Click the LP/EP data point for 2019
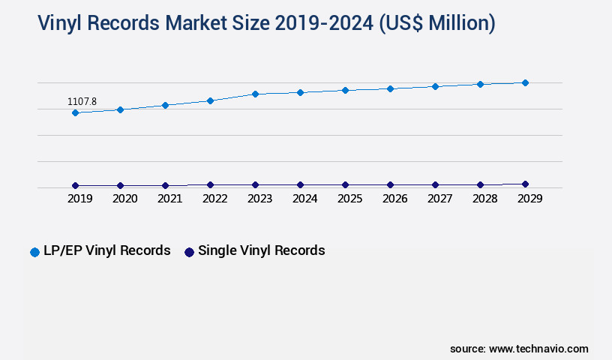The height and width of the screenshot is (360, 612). tap(75, 112)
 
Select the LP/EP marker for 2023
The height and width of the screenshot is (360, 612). tap(255, 94)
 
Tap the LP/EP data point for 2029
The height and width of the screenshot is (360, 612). tap(525, 82)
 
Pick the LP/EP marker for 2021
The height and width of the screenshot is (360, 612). tap(165, 105)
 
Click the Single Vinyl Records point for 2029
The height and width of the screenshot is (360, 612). tap(525, 184)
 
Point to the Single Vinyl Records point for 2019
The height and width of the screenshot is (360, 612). tap(75, 185)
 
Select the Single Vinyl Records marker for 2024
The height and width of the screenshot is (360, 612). tap(300, 184)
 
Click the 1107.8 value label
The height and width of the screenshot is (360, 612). tap(82, 101)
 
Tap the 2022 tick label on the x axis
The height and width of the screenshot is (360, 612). tap(214, 199)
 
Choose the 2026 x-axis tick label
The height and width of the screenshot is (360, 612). tap(394, 199)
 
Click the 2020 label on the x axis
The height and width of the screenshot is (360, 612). tap(124, 199)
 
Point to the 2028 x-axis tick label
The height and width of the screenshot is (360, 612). tap(484, 199)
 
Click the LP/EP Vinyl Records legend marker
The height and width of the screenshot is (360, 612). tap(34, 252)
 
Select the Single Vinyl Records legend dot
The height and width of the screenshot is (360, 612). tap(189, 252)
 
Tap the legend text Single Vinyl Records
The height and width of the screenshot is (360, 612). tap(261, 250)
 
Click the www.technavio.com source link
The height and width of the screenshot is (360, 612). tap(538, 349)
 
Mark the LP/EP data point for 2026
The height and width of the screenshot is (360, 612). tap(390, 88)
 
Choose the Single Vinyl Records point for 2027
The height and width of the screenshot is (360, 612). tap(435, 184)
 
